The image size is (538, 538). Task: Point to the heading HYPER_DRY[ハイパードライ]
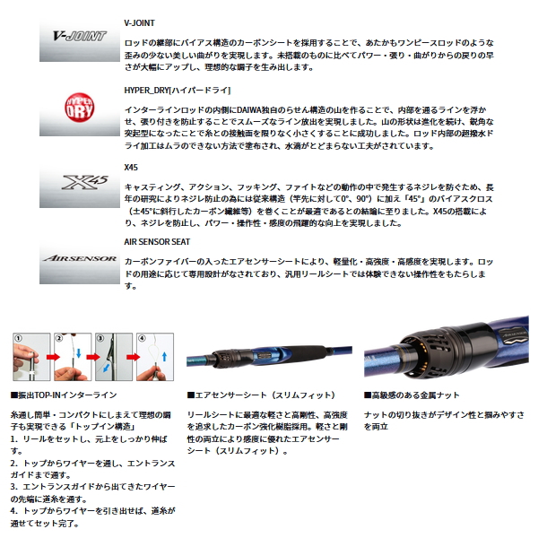point(176,90)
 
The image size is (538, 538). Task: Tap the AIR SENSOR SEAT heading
point(158,240)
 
